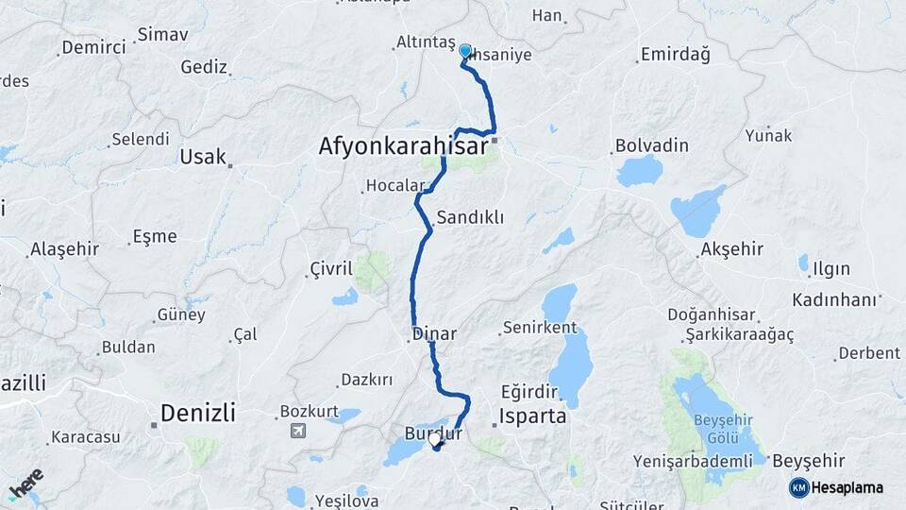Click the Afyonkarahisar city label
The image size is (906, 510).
402,146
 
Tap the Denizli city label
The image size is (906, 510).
197,413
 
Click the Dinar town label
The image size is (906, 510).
436,333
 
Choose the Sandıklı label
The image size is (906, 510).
470,217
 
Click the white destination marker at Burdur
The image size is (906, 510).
434,439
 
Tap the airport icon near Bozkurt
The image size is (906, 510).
299,432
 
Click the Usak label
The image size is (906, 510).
203,157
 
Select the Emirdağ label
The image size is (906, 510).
674,55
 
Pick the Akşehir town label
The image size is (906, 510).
731,249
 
